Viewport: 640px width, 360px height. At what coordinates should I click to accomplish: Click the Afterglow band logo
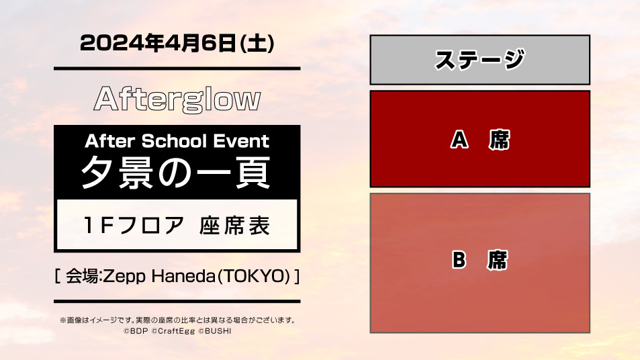(177, 99)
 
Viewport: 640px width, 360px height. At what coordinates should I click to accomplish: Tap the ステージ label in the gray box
(479, 60)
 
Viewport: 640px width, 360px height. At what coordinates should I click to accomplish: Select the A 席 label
(480, 140)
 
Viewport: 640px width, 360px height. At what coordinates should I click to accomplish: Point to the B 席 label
(480, 260)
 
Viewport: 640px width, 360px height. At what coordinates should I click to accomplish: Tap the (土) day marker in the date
(257, 43)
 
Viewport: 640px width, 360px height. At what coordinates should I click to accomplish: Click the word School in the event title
(174, 141)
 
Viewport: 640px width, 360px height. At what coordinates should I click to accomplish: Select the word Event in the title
(241, 141)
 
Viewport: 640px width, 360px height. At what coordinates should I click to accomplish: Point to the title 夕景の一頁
(177, 173)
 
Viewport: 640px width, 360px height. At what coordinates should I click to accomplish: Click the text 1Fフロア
(134, 225)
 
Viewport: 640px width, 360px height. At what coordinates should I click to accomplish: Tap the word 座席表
(234, 225)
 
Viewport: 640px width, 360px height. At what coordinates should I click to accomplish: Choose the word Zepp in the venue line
(124, 276)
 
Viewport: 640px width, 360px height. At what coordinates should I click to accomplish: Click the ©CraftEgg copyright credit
(173, 331)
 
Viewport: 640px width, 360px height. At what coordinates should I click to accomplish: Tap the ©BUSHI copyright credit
(215, 331)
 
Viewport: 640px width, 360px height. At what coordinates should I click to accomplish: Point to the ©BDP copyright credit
(136, 331)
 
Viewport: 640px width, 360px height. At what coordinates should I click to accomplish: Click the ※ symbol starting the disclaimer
(63, 320)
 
